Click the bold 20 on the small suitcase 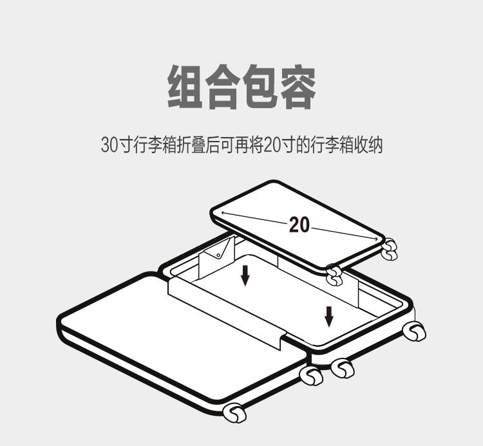[299, 225]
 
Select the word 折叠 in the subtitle [185, 144]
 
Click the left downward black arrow [245, 275]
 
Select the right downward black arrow [329, 316]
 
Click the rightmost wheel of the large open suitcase [415, 331]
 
